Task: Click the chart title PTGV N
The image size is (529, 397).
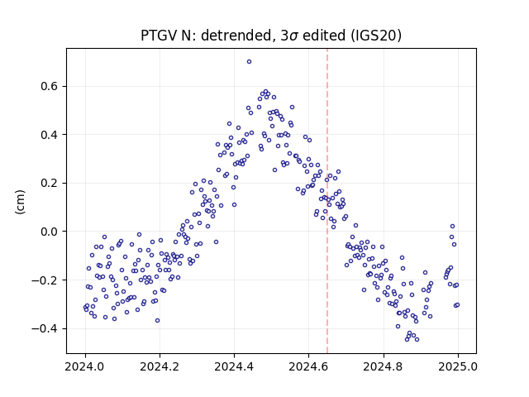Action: pyautogui.click(x=271, y=36)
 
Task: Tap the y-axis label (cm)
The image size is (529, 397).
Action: pyautogui.click(x=20, y=202)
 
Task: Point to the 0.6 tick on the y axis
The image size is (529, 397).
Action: pyautogui.click(x=50, y=86)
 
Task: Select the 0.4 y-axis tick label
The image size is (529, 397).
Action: pyautogui.click(x=50, y=135)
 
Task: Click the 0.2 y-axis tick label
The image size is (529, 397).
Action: pyautogui.click(x=50, y=183)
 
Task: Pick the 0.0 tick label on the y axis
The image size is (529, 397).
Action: pyautogui.click(x=50, y=232)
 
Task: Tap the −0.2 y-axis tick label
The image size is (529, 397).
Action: pyautogui.click(x=45, y=280)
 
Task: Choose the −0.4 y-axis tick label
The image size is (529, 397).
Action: pyautogui.click(x=45, y=328)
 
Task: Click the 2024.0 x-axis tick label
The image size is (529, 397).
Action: pyautogui.click(x=85, y=366)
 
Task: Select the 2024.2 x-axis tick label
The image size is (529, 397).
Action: pyautogui.click(x=160, y=366)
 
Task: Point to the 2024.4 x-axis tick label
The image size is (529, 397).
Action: pyautogui.click(x=234, y=366)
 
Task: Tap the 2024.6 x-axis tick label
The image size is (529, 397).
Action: pyautogui.click(x=308, y=366)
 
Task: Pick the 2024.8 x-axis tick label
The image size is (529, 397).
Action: pyautogui.click(x=384, y=366)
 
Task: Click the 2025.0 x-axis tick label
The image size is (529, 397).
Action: pyautogui.click(x=458, y=366)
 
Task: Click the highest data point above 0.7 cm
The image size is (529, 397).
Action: pyautogui.click(x=249, y=62)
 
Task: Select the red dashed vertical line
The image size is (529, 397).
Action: pyautogui.click(x=327, y=201)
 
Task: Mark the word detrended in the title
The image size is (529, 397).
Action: pyautogui.click(x=236, y=36)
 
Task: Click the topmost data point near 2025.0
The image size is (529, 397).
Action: pyautogui.click(x=452, y=226)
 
